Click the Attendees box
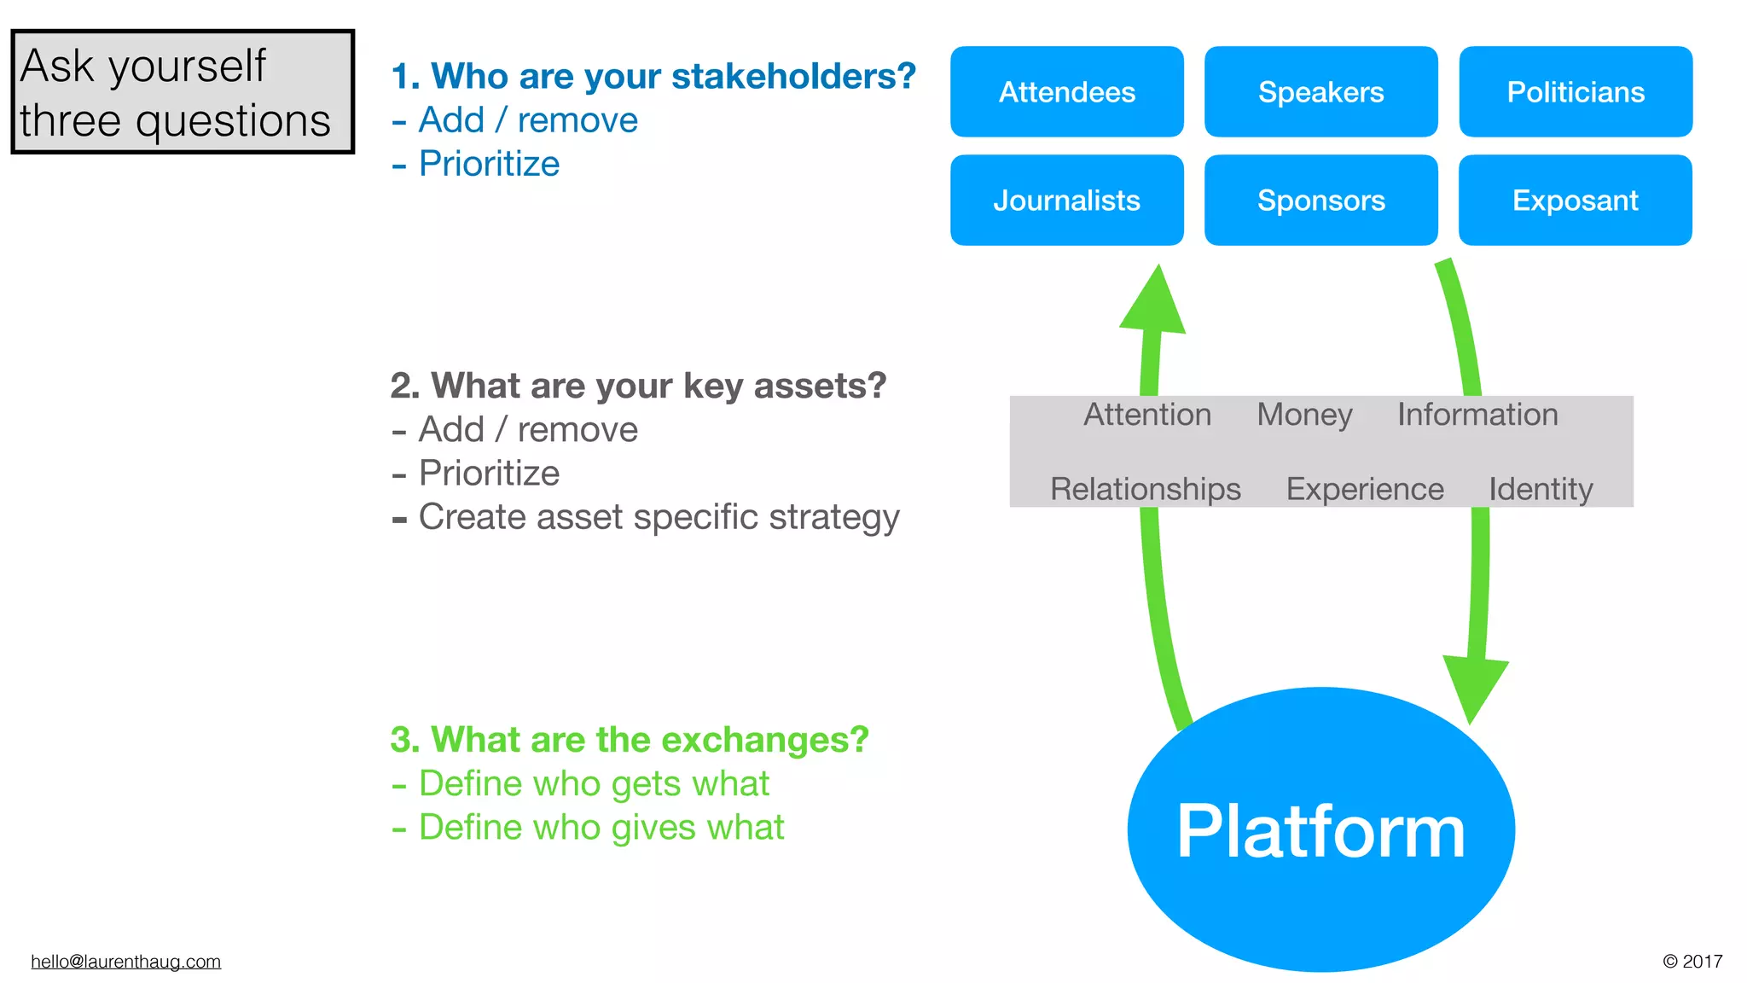[1066, 91]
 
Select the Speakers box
[1320, 91]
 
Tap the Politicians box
[1575, 91]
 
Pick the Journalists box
[1066, 200]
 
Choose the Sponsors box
[1320, 200]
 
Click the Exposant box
[1575, 200]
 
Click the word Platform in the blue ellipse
[1320, 831]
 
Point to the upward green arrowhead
[1154, 303]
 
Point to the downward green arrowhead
[1474, 687]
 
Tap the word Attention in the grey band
[1146, 415]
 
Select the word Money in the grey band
[1304, 415]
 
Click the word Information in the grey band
[1477, 415]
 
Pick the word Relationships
[1145, 489]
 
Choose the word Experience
[1364, 489]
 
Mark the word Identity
[1541, 489]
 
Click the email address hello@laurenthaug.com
[125, 962]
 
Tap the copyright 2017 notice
[1692, 962]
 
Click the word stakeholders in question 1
[793, 76]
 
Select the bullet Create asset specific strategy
[658, 517]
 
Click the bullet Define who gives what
[601, 828]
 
